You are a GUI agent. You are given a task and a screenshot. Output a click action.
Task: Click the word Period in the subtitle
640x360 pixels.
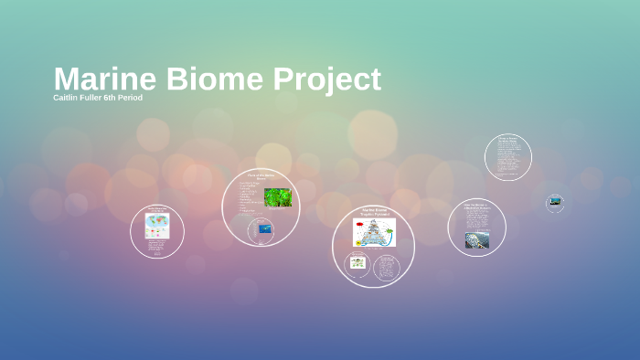click(130, 98)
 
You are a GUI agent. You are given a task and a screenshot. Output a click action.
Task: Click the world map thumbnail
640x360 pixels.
click(157, 226)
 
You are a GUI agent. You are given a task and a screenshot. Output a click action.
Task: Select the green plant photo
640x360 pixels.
click(278, 197)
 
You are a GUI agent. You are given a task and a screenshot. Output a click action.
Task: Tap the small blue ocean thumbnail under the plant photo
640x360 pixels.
click(265, 228)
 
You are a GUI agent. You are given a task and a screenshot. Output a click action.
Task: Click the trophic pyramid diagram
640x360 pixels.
click(374, 232)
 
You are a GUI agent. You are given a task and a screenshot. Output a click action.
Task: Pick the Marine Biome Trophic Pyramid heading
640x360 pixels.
click(374, 212)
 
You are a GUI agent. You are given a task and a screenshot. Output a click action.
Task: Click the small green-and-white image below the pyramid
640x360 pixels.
click(357, 262)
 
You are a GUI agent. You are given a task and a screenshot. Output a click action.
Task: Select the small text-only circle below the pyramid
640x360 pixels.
click(387, 267)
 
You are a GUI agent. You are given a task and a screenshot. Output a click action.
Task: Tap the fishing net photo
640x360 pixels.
click(476, 240)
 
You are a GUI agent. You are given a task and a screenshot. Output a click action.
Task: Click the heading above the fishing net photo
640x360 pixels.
click(476, 207)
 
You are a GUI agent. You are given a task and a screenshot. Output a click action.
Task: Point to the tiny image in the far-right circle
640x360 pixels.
click(555, 201)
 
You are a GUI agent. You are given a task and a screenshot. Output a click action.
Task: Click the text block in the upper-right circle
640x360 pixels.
click(507, 157)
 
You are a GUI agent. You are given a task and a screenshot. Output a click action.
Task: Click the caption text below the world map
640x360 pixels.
click(157, 247)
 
